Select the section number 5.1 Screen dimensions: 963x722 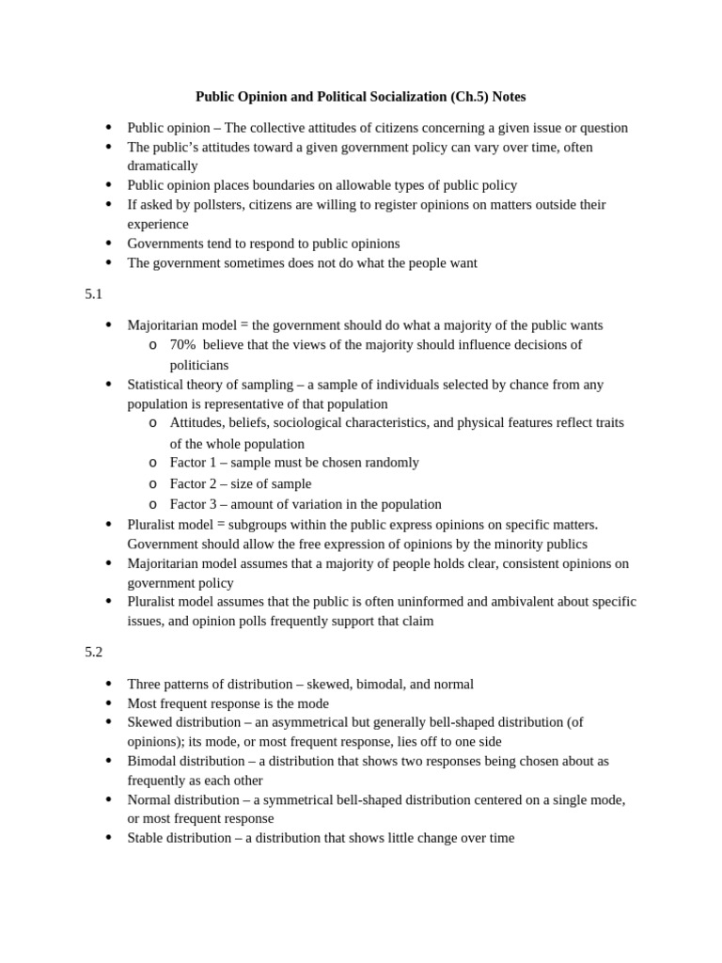click(x=93, y=294)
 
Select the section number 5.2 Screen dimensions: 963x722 click(x=93, y=652)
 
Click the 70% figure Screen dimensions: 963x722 click(x=182, y=345)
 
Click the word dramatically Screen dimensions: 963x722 click(x=163, y=166)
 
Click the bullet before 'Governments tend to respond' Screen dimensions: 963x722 click(x=109, y=243)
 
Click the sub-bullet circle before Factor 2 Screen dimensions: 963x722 click(x=153, y=484)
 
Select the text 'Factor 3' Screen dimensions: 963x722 click(x=193, y=504)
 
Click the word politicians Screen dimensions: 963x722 click(x=198, y=365)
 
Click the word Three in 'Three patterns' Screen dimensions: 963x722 click(x=145, y=685)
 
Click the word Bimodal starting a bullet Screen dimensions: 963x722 click(x=151, y=761)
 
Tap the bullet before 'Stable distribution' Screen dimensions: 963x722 click(x=109, y=837)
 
